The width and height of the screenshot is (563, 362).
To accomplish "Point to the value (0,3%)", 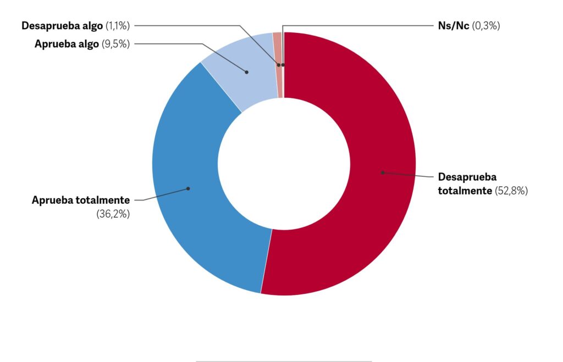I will (486, 25).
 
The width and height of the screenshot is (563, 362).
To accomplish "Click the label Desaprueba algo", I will (62, 25).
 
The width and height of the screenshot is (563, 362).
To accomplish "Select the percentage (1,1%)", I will (117, 25).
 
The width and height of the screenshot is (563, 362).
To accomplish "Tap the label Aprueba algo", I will (67, 44).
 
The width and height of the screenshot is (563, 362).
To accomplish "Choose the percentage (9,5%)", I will (116, 44).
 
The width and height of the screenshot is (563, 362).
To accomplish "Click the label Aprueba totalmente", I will (81, 200).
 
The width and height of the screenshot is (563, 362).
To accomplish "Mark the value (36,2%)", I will (113, 214).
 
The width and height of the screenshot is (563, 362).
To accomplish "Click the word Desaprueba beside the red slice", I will (467, 177).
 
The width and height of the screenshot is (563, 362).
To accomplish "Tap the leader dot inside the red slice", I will (382, 172).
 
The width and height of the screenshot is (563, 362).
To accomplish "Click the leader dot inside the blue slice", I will (188, 188).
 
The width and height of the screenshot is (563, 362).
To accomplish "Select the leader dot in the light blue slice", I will (247, 72).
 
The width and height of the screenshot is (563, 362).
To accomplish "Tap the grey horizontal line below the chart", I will (284, 361).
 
